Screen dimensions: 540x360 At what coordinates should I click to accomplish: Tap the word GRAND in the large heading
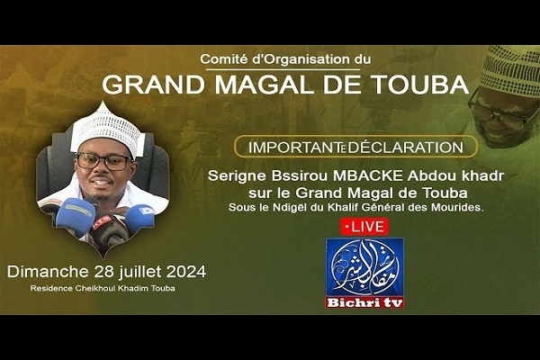(x=154, y=85)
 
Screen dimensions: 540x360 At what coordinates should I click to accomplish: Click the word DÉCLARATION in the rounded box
(x=405, y=148)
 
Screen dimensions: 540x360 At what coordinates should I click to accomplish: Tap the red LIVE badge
(x=364, y=227)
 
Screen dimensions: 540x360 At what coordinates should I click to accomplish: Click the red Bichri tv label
(x=364, y=302)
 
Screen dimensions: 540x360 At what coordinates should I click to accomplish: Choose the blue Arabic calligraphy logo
(x=364, y=267)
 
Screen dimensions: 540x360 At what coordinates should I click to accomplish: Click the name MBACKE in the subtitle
(x=367, y=175)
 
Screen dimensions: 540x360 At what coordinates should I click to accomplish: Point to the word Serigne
(x=237, y=176)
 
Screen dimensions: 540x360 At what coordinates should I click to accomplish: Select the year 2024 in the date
(x=186, y=272)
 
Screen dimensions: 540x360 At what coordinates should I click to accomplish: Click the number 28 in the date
(x=103, y=272)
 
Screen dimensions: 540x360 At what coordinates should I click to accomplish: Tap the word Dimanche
(x=48, y=272)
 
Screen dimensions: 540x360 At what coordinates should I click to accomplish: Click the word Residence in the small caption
(x=51, y=288)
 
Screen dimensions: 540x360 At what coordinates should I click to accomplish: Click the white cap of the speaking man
(x=107, y=131)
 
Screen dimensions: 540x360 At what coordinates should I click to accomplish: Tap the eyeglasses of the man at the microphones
(x=104, y=161)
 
